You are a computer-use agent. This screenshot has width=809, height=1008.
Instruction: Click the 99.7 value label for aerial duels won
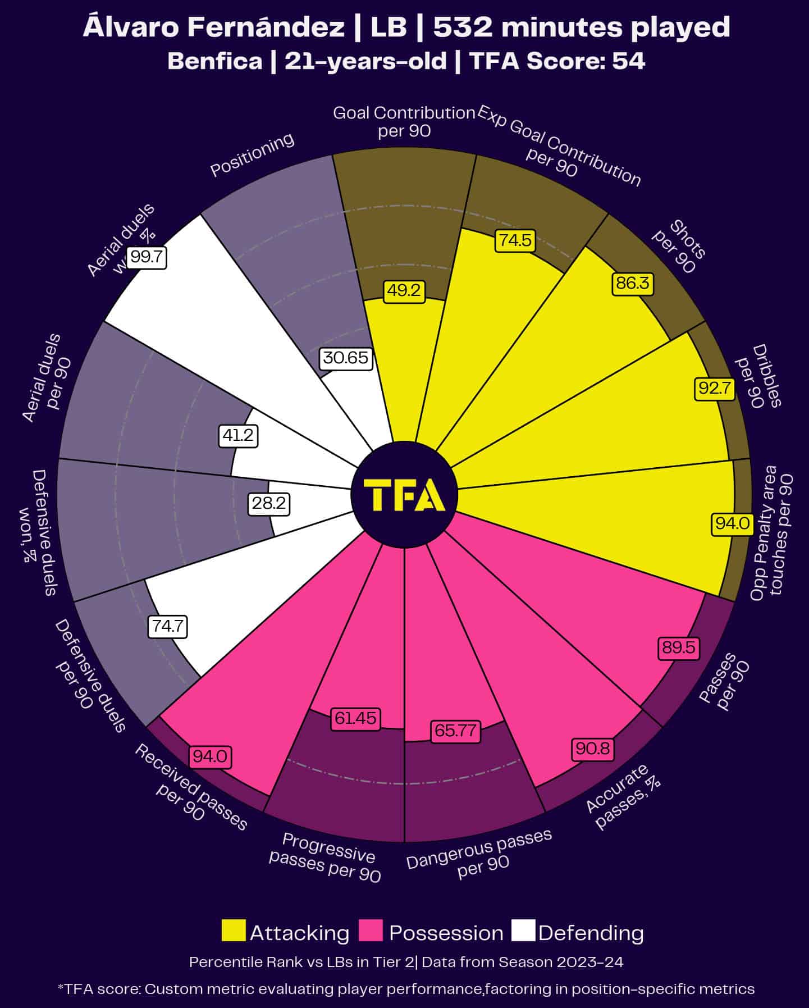click(x=147, y=257)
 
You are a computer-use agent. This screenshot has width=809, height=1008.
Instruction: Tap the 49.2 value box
click(x=404, y=290)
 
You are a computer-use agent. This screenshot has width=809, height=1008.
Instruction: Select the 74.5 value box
click(x=515, y=240)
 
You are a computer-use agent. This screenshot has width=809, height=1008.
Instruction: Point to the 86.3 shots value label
click(x=632, y=283)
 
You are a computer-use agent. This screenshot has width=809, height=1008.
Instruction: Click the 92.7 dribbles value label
click(x=715, y=388)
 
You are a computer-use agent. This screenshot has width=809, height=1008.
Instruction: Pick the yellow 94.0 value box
click(x=732, y=523)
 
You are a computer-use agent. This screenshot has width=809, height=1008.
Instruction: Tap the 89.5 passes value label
click(x=679, y=647)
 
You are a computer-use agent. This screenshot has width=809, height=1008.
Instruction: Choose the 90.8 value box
click(x=593, y=749)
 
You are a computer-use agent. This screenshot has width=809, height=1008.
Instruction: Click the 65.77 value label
click(x=455, y=731)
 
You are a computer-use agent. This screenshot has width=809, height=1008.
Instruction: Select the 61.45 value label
click(x=355, y=718)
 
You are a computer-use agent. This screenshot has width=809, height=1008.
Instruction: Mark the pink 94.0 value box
click(x=210, y=756)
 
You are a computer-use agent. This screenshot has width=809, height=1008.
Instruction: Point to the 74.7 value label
click(x=168, y=626)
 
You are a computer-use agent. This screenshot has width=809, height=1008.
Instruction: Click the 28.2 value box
click(x=269, y=503)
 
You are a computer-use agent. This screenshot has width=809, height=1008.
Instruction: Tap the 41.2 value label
click(x=239, y=435)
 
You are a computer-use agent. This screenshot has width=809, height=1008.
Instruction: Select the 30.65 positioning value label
click(x=346, y=358)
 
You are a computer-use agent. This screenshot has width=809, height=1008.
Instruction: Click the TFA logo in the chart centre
click(x=404, y=495)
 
